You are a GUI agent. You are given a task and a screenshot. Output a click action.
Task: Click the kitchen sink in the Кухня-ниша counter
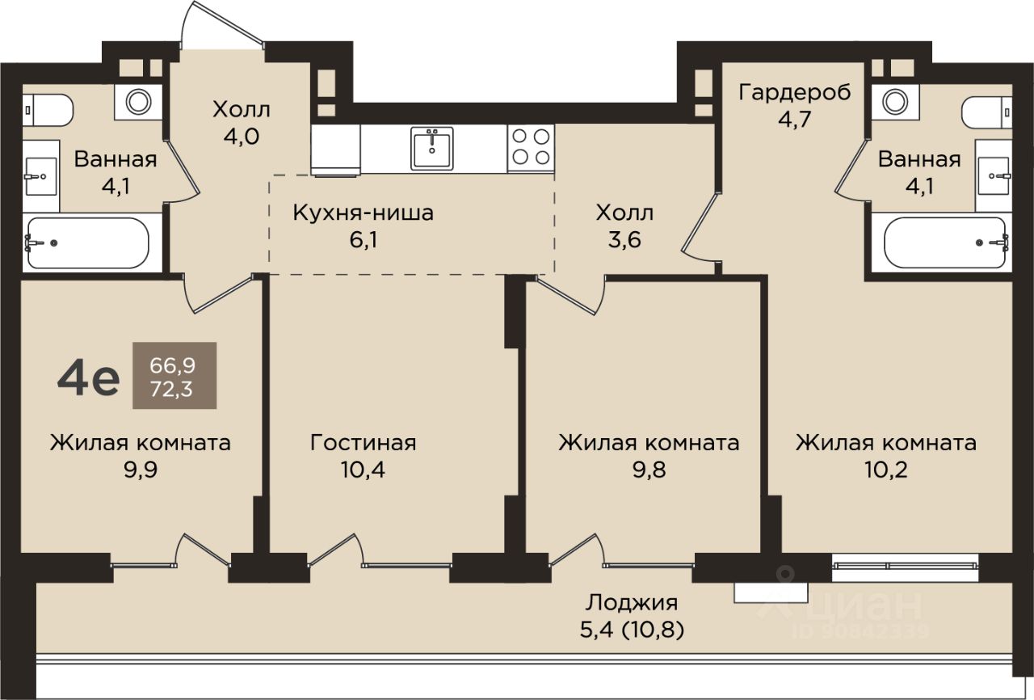pos(431,149)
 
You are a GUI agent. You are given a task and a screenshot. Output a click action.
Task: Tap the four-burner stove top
pos(531,148)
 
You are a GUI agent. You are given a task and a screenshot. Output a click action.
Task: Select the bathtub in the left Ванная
pos(88,242)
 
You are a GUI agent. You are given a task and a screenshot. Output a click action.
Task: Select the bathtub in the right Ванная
pos(946,242)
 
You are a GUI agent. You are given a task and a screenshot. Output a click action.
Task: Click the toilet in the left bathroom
pos(48,110)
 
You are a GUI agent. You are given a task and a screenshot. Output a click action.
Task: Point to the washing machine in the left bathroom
pos(138,102)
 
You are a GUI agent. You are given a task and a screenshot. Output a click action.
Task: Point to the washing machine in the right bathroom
pos(895,102)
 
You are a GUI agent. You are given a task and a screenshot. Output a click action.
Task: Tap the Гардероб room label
pos(794,92)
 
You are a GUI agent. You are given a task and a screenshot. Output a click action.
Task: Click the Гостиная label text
pos(364,442)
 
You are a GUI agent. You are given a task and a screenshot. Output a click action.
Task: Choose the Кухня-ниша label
pos(364,213)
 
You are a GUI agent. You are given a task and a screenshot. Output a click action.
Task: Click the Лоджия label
pos(632,603)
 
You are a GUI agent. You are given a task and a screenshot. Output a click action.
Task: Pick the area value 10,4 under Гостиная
pos(363,470)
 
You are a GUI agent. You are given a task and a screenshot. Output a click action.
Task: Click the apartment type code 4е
pos(89,377)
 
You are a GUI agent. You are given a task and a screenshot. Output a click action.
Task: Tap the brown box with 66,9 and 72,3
pos(174,375)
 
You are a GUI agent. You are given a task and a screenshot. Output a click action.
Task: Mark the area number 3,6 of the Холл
pos(624,239)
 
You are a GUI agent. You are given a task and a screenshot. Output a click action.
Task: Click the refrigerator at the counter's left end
pos(335,150)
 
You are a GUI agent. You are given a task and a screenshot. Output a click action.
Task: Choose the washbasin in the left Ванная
pos(41,176)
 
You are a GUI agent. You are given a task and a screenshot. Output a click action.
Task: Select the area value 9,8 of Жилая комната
pos(649,470)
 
